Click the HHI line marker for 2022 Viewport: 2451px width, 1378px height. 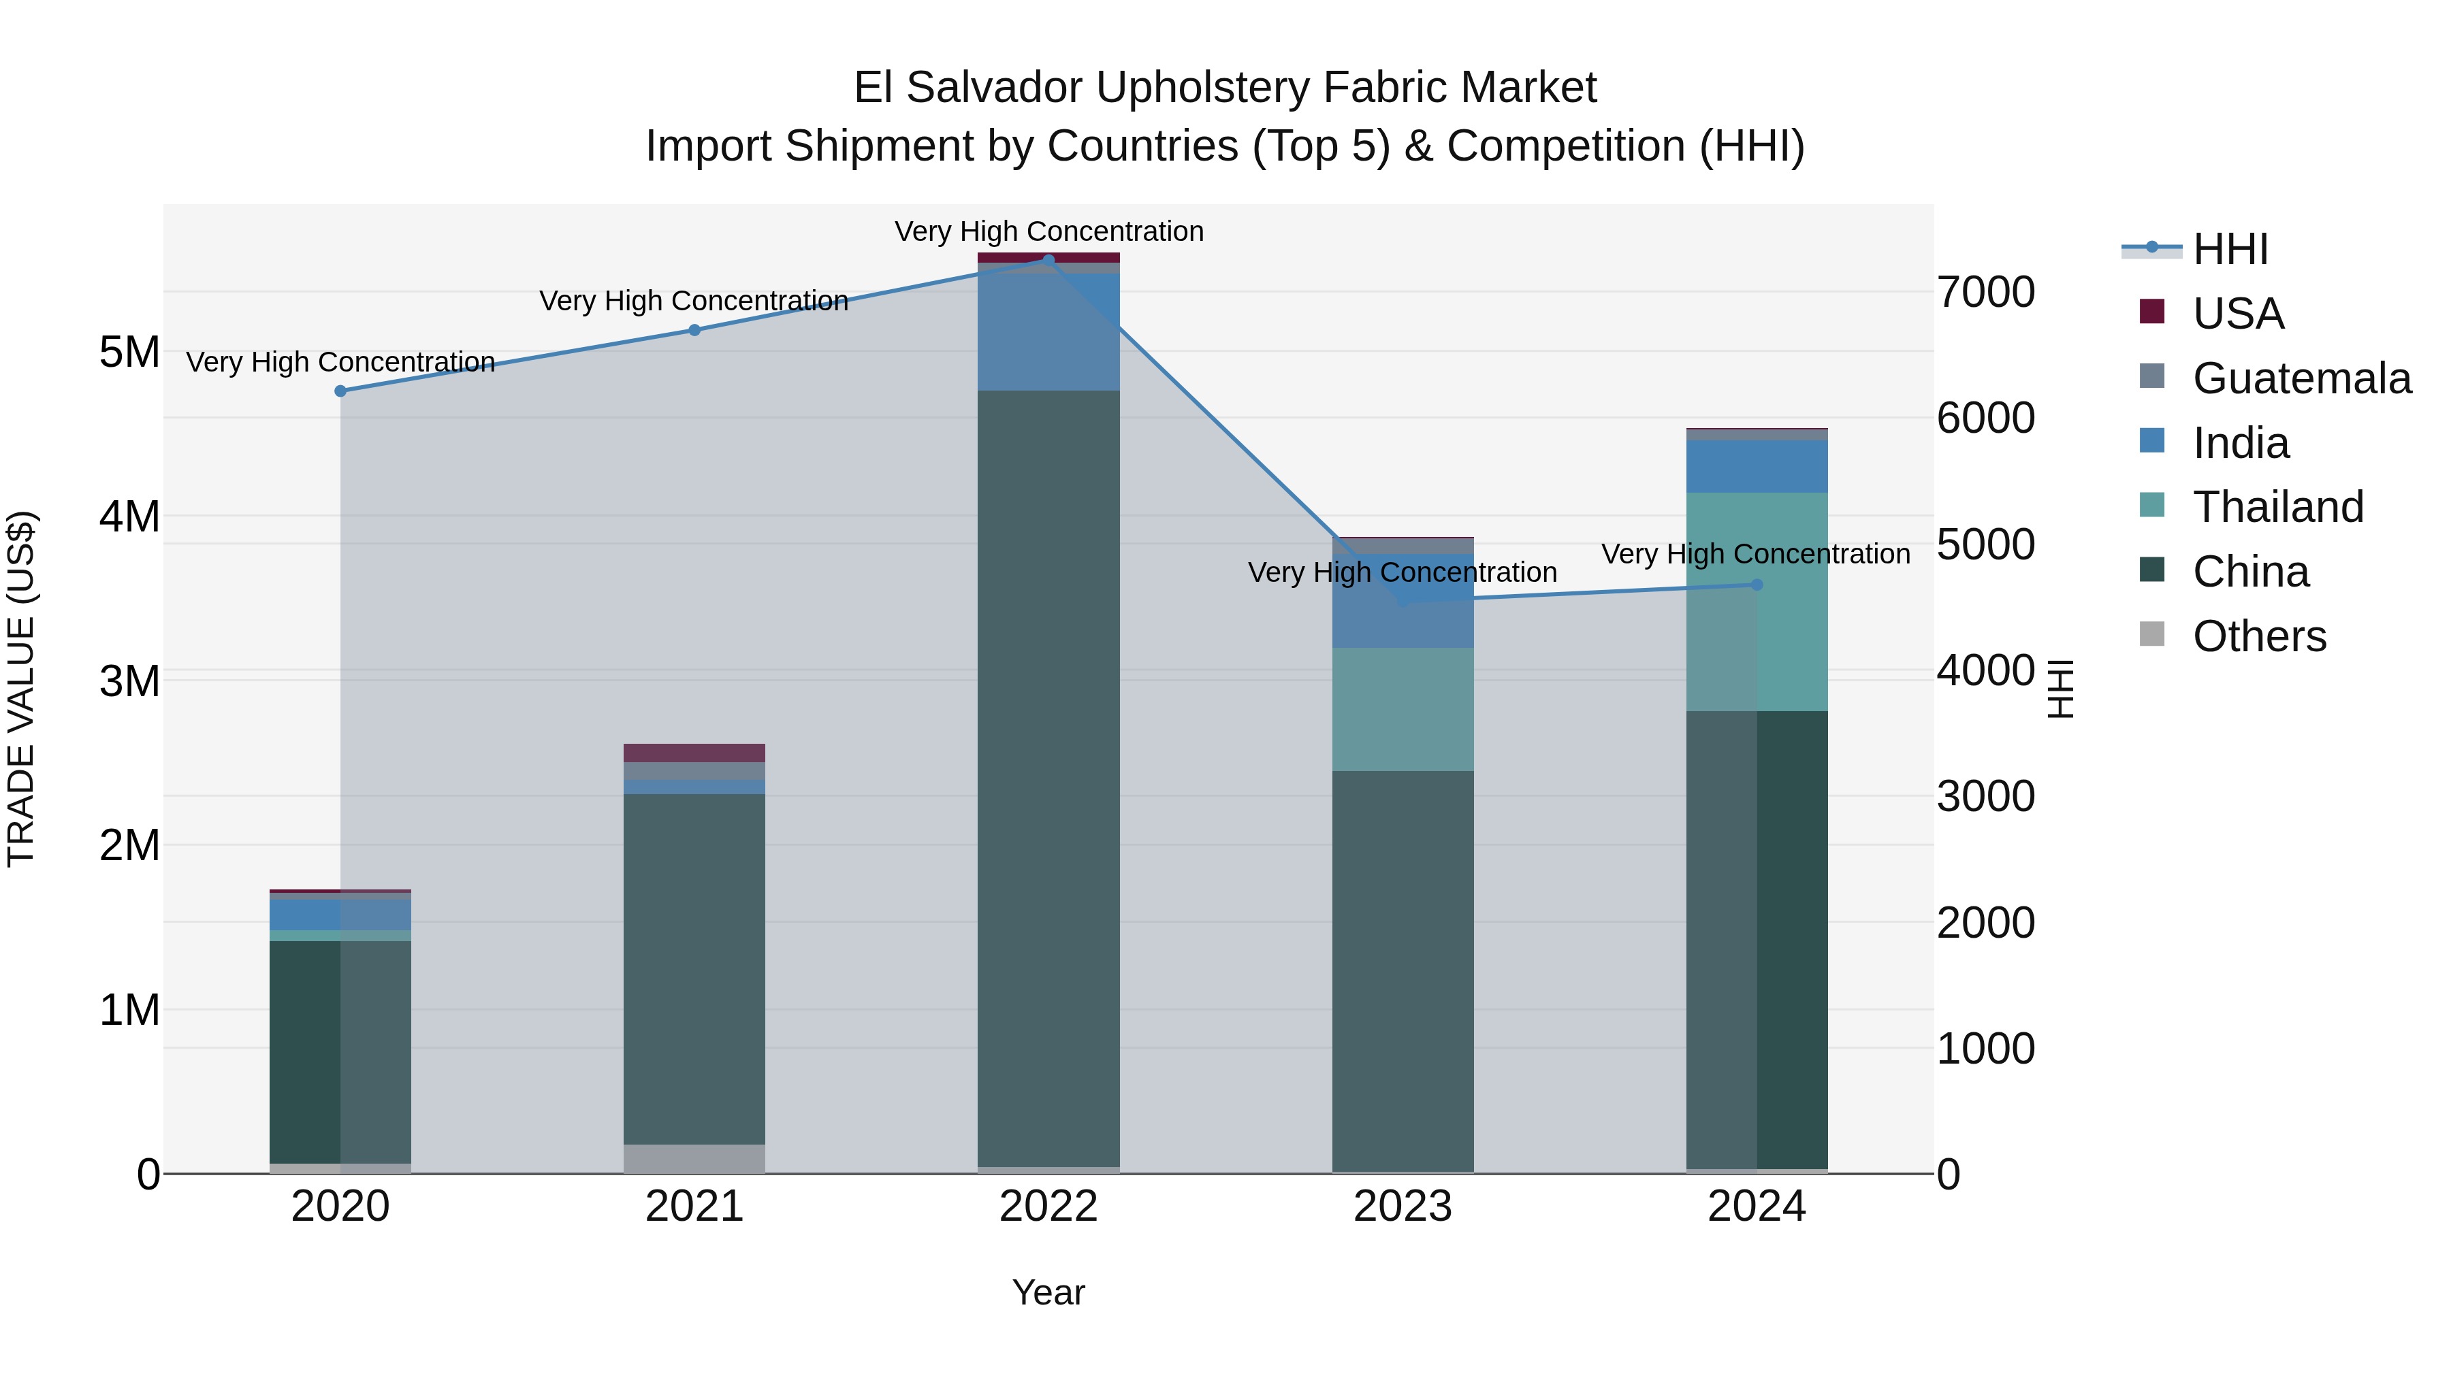coord(1048,260)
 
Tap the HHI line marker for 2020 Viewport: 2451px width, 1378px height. coord(340,391)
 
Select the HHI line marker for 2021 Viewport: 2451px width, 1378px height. coord(694,330)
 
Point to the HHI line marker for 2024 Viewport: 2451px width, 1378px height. coord(1757,585)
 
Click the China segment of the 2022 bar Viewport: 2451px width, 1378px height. coord(1048,780)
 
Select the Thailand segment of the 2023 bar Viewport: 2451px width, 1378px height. coord(1403,710)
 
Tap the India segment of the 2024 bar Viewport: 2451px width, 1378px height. coord(1757,466)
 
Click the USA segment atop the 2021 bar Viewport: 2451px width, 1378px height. coord(694,752)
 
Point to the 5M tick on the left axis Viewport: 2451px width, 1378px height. coord(129,352)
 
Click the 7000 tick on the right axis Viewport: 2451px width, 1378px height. coord(1986,292)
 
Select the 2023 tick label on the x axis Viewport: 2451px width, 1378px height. coord(1403,1207)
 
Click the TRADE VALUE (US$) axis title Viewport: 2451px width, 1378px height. coord(21,689)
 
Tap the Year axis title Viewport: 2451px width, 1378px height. coord(1048,1292)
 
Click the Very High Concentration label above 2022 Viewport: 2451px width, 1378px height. coord(1048,231)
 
